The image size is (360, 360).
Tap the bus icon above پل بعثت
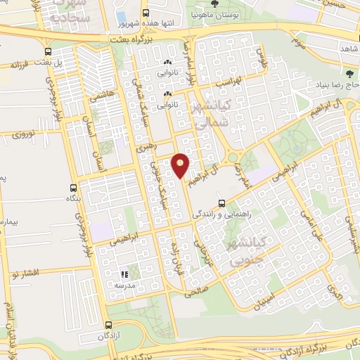click(x=48, y=52)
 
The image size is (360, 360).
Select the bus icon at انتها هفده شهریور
click(x=146, y=13)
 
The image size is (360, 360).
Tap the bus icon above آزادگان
click(x=108, y=325)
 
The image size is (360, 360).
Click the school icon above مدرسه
click(x=123, y=274)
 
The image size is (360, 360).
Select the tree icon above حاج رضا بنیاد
click(x=349, y=73)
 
